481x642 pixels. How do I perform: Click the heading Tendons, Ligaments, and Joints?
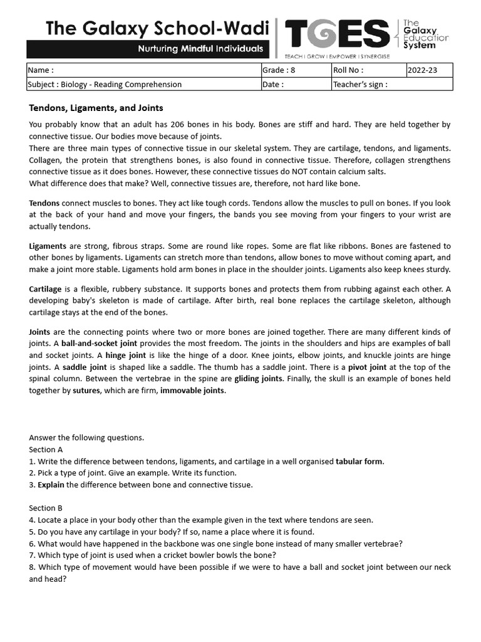point(96,108)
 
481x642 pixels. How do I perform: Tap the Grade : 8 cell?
point(296,70)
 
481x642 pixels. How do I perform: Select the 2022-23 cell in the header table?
point(429,70)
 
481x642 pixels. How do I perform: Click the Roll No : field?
point(368,70)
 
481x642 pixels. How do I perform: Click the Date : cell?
point(296,84)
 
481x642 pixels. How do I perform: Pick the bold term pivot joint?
point(369,367)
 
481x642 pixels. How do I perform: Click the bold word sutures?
point(86,391)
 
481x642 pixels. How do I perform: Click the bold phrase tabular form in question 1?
point(359,461)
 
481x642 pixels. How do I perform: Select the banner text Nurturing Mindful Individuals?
point(200,49)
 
